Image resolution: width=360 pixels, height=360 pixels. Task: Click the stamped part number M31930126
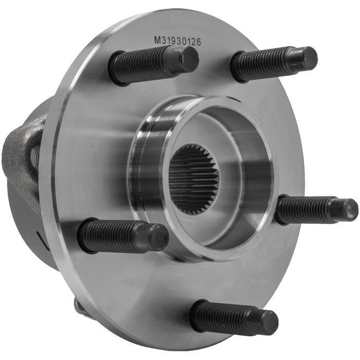point(177,41)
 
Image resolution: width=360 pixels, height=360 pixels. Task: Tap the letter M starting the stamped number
point(157,41)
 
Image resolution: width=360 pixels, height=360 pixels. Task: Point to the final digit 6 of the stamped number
point(199,42)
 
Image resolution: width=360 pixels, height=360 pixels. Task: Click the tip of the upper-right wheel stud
point(308,58)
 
